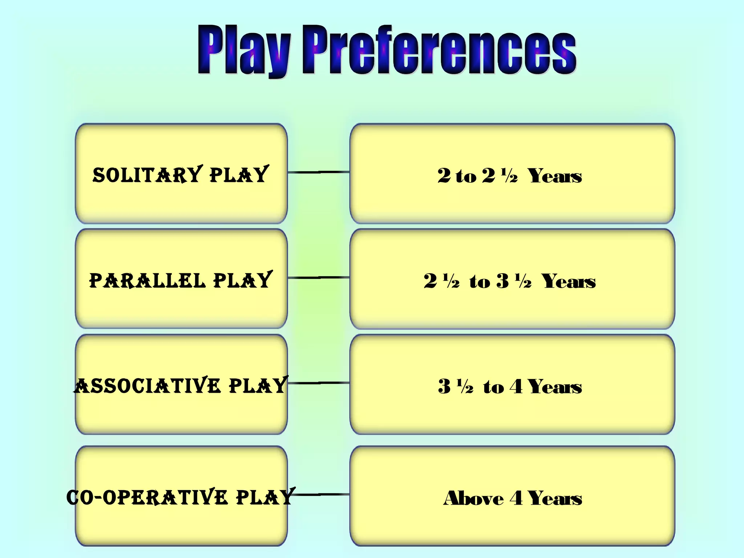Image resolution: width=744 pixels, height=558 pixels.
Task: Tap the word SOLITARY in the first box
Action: pyautogui.click(x=147, y=175)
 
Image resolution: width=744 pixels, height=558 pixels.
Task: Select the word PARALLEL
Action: pyautogui.click(x=147, y=280)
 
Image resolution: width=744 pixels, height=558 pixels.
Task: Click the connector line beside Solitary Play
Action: pyautogui.click(x=319, y=172)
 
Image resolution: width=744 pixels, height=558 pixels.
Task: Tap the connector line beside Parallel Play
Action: pyautogui.click(x=319, y=278)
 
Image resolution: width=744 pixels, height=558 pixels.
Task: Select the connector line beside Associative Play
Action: pyautogui.click(x=319, y=383)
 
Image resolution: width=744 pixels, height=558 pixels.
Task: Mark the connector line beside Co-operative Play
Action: pyautogui.click(x=322, y=494)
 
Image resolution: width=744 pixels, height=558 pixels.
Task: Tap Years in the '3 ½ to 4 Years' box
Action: pyautogui.click(x=555, y=387)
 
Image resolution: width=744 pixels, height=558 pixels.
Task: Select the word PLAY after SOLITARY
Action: pyautogui.click(x=239, y=175)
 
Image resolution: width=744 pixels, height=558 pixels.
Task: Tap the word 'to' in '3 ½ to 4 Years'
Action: pyautogui.click(x=493, y=387)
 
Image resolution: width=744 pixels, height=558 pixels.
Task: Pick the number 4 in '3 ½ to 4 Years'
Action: pyautogui.click(x=516, y=387)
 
